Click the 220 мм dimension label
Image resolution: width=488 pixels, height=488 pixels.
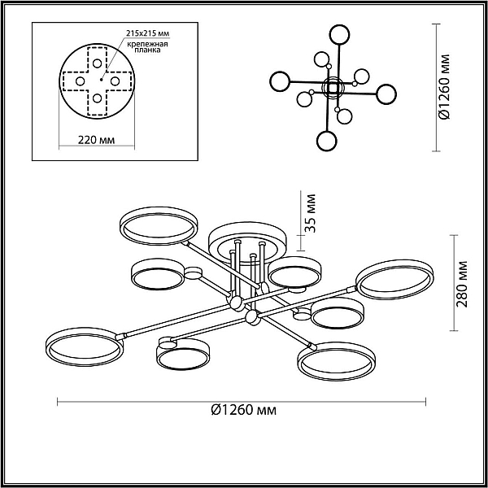(96, 140)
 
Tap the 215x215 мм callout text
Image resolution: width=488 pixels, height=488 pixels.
(148, 33)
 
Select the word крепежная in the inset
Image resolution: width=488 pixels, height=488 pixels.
(147, 44)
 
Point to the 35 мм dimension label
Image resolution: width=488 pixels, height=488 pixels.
(310, 213)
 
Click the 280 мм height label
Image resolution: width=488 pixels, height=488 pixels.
(462, 284)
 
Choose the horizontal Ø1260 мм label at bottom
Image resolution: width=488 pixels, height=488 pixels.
(243, 410)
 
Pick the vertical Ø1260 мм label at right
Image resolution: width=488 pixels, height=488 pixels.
(444, 87)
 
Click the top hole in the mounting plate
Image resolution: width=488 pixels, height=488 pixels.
(97, 63)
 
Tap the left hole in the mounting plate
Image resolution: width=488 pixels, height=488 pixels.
(80, 81)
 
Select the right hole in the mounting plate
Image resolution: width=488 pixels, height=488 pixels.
(115, 81)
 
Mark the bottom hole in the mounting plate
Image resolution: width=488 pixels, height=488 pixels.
(97, 98)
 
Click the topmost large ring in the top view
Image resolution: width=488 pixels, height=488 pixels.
(339, 25)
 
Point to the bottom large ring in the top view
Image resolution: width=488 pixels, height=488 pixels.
(326, 132)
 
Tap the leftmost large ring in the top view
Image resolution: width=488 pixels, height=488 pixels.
(271, 81)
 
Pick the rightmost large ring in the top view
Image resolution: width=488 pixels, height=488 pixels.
(395, 94)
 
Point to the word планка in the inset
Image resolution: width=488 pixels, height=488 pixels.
(148, 50)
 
